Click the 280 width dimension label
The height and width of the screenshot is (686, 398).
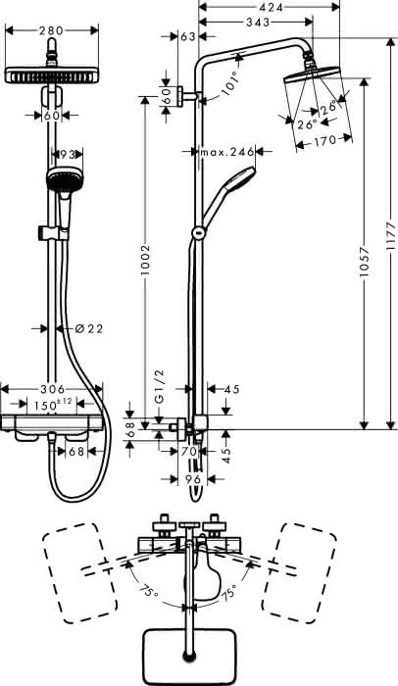(51, 30)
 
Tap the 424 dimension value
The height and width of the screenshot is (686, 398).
(270, 7)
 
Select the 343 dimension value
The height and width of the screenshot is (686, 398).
(258, 22)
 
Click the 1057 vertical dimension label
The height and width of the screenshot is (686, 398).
(364, 263)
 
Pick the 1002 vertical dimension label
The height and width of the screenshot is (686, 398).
(145, 259)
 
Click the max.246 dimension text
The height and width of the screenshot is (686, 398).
(226, 152)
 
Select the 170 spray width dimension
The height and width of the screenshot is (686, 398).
(324, 140)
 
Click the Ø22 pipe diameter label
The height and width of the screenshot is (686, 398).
(89, 328)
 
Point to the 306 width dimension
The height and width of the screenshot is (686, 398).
(52, 388)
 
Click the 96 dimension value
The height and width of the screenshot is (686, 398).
(193, 479)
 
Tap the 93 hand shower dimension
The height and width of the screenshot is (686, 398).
(68, 154)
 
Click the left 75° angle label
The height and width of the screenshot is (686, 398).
(149, 592)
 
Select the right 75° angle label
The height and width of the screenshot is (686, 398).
(228, 592)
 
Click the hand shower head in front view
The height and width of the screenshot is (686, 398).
(65, 179)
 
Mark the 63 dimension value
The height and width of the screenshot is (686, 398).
(188, 37)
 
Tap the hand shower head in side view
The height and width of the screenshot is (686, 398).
(240, 179)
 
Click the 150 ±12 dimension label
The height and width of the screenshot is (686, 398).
(51, 404)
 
